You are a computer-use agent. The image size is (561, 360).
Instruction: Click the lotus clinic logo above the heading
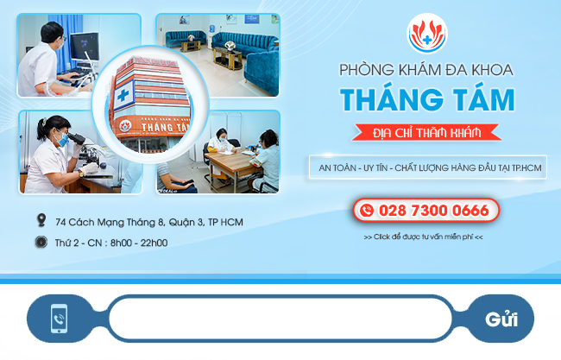[x=427, y=34]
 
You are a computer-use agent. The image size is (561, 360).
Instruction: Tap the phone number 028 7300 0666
[x=433, y=211]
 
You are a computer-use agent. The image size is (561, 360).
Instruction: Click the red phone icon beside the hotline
[x=367, y=210]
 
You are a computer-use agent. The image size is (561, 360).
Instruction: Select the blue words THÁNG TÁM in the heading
[x=427, y=99]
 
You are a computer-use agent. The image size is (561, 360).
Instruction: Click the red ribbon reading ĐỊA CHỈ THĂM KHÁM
[x=426, y=133]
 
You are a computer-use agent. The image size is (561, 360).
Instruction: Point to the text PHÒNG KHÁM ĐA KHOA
[x=426, y=69]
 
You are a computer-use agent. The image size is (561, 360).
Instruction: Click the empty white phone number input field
[x=280, y=318]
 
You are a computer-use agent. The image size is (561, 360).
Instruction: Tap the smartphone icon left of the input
[x=59, y=319]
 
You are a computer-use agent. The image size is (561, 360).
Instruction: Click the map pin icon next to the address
[x=41, y=220]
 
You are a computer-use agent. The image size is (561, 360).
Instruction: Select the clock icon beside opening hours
[x=41, y=243]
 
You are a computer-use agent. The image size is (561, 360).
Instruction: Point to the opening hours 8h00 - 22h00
[x=139, y=243]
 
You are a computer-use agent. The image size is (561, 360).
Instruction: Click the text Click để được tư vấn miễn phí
[x=423, y=237]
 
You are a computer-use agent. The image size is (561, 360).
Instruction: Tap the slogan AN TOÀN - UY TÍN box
[x=428, y=167]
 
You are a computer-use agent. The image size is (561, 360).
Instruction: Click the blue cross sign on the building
[x=123, y=95]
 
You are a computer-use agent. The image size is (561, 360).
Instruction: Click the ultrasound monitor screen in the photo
[x=85, y=47]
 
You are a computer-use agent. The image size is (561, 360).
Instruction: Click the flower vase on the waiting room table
[x=230, y=46]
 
